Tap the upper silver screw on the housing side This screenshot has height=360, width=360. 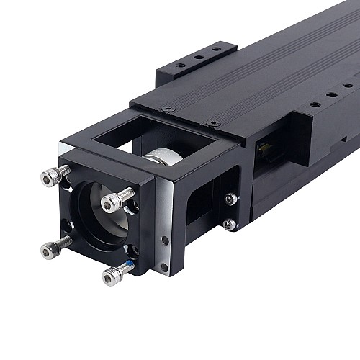(x=230, y=199)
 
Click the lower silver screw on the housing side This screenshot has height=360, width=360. (x=228, y=225)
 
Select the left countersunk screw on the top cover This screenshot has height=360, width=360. (x=168, y=109)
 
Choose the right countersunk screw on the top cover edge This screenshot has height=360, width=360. (x=212, y=124)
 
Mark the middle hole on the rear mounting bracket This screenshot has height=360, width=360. (x=198, y=57)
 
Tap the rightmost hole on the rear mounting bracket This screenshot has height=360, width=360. (x=215, y=49)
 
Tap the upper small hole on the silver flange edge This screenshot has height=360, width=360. (x=165, y=240)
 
